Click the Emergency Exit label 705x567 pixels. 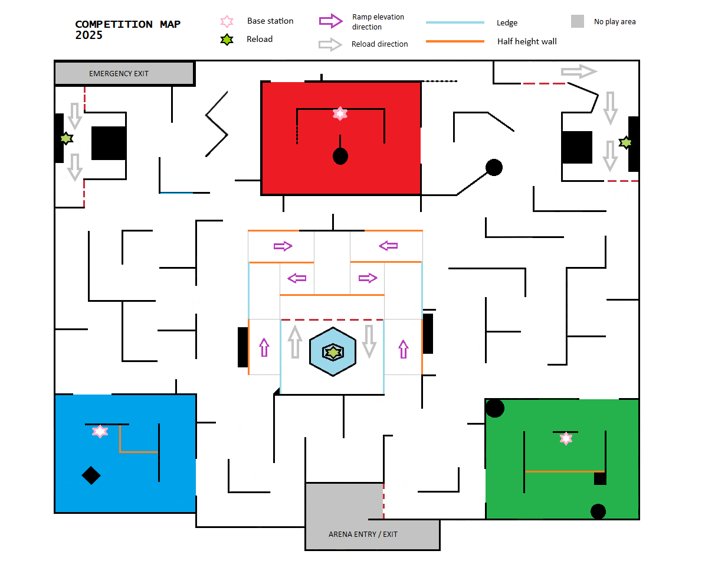119,74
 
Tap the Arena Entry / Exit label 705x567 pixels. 363,534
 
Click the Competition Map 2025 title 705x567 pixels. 127,30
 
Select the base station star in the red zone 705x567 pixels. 340,113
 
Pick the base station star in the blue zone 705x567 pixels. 100,431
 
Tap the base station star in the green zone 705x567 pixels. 566,438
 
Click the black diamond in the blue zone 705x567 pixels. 91,475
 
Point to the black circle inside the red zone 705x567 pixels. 340,157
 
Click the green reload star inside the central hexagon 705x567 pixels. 333,352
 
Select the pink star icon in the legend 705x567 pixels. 226,21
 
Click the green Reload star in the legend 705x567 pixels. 225,40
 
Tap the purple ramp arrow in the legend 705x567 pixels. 331,21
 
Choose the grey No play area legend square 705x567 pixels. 578,21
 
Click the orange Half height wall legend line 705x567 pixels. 454,41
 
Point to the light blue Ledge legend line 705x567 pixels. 454,22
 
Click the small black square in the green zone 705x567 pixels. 600,478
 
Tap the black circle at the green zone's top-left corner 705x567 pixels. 494,408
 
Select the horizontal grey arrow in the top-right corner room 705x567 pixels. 579,71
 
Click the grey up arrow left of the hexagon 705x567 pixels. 295,342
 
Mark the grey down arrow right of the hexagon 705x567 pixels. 369,341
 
